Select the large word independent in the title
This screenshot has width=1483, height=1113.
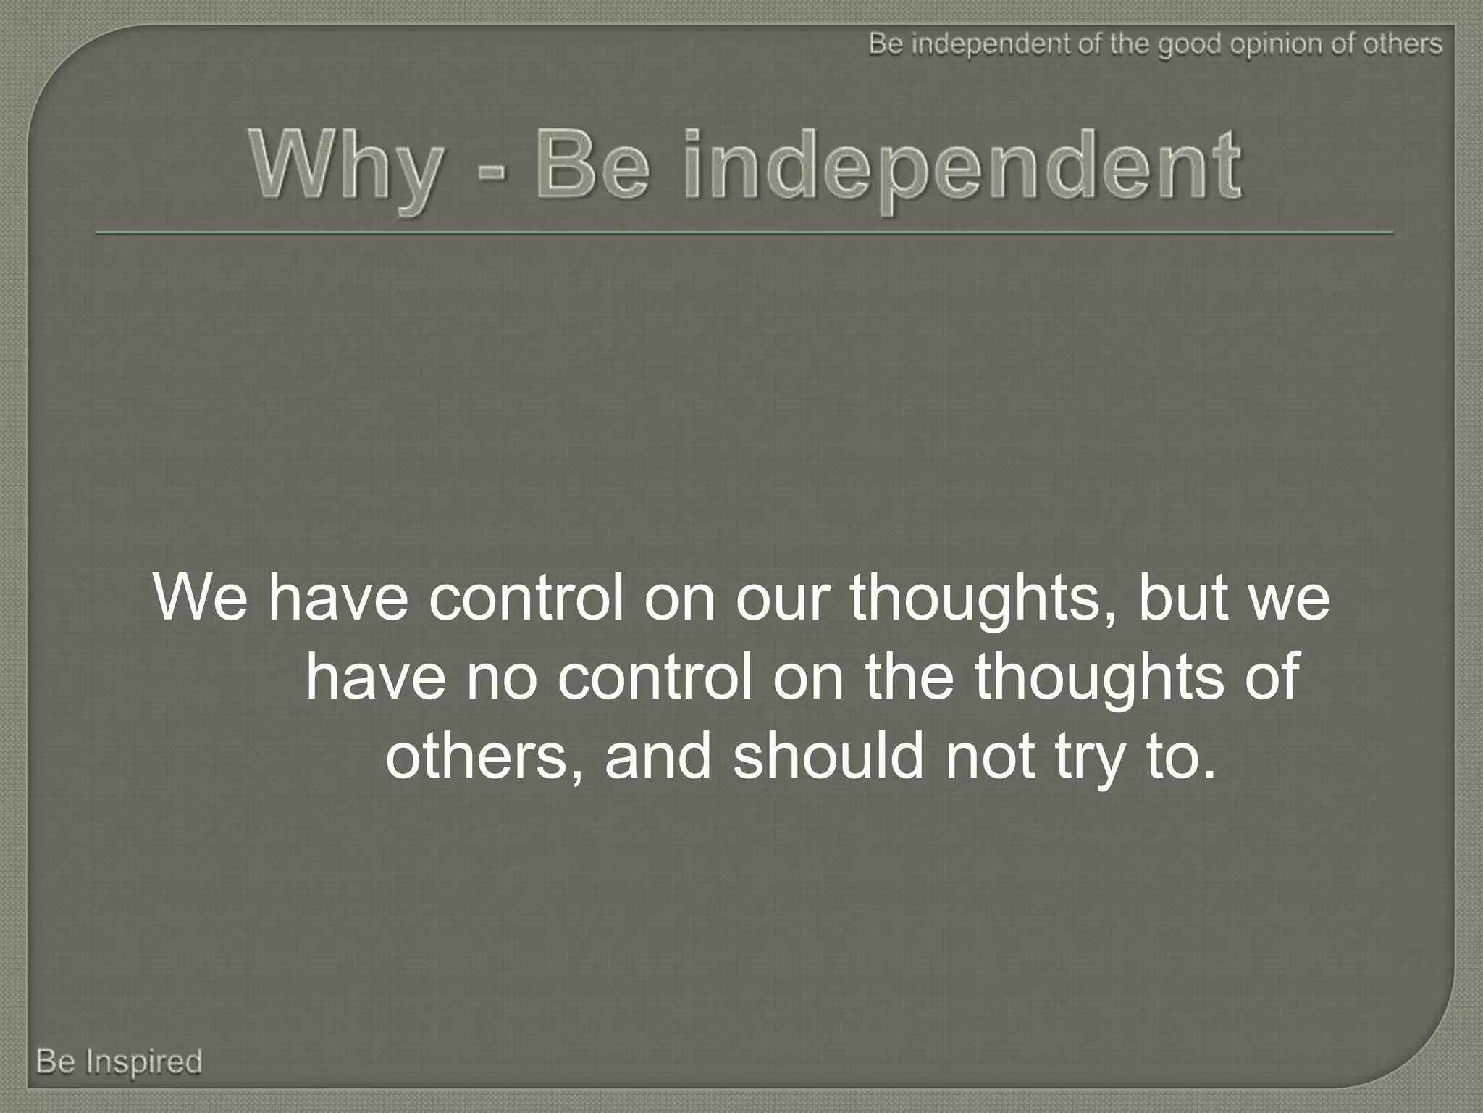pos(962,167)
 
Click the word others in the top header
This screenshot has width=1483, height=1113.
pos(1402,45)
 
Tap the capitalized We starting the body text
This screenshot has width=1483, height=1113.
pos(200,598)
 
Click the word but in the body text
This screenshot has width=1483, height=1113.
pos(1183,598)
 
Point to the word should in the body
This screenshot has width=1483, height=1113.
pos(828,756)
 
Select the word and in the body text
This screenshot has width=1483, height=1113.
pos(658,756)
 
